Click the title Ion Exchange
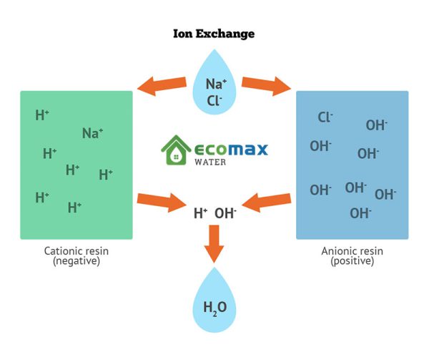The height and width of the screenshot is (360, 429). point(214,34)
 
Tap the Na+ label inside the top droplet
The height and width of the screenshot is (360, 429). point(216,84)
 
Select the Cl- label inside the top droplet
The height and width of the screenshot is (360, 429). point(214,101)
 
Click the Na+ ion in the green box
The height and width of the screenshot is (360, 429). point(92,133)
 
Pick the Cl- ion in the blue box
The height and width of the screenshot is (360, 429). point(325,117)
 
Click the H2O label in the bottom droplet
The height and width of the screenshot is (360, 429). point(214,308)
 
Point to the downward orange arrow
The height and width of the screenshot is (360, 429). point(214,243)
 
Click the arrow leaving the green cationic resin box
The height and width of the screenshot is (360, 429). point(161,200)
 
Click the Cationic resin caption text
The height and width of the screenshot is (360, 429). point(77,251)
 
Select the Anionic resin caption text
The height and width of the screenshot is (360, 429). point(352,251)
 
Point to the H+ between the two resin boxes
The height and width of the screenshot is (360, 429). point(201,213)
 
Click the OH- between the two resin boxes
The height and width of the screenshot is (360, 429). point(226,213)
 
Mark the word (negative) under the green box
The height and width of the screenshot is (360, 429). point(77,261)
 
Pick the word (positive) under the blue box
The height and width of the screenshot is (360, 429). point(352,261)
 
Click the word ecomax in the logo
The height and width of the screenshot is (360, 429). point(231,149)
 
